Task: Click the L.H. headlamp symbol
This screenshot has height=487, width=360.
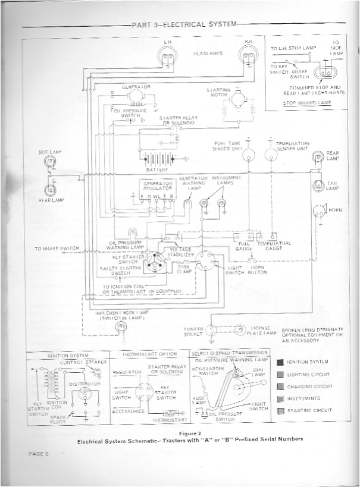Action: [168, 56]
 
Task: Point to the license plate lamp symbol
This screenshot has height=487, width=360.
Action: [240, 329]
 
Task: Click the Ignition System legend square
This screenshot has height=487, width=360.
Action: [280, 362]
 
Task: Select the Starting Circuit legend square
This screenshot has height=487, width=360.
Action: [280, 410]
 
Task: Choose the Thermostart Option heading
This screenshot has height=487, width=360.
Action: [149, 354]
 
